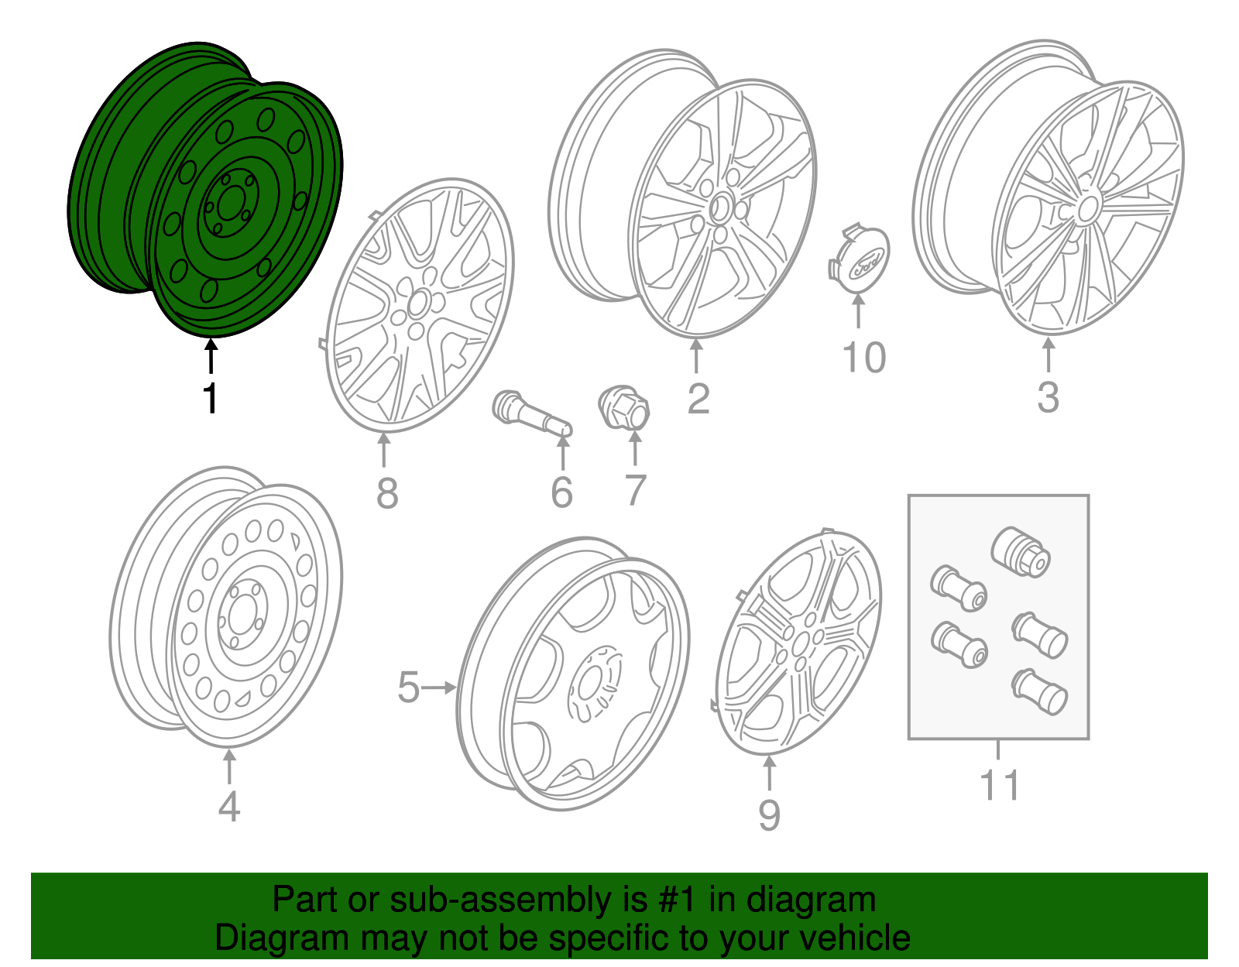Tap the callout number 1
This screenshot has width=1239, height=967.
pyautogui.click(x=210, y=398)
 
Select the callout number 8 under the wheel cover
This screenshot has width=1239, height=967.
pyautogui.click(x=386, y=493)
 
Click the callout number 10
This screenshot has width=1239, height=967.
pyautogui.click(x=863, y=358)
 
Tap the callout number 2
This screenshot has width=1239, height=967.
pyautogui.click(x=698, y=399)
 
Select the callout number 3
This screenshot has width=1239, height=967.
pyautogui.click(x=1047, y=397)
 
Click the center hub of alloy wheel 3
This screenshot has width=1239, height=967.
pyautogui.click(x=1087, y=208)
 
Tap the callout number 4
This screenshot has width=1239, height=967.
pyautogui.click(x=228, y=807)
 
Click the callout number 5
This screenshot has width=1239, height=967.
pyautogui.click(x=408, y=688)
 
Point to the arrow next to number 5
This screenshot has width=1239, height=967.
pyautogui.click(x=441, y=688)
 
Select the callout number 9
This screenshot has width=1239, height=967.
pyautogui.click(x=768, y=814)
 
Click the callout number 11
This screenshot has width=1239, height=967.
pyautogui.click(x=1000, y=785)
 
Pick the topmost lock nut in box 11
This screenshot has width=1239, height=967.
pyautogui.click(x=1020, y=551)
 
